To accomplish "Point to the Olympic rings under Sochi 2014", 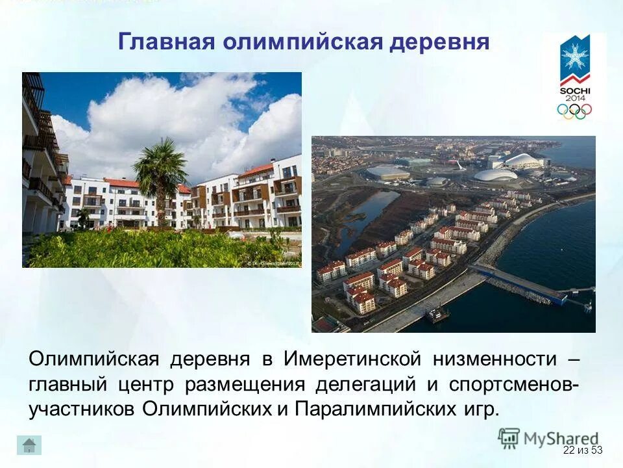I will coord(574,111).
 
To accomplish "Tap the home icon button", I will coord(29,445).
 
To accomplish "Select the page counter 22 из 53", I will coord(583,450).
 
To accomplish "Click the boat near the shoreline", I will coord(438,315).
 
